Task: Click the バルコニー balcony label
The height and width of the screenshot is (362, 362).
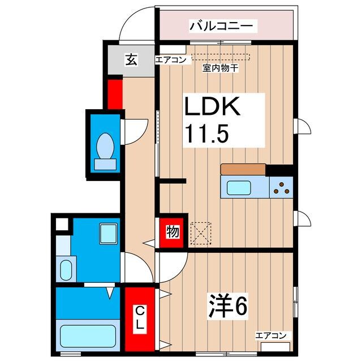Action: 223,25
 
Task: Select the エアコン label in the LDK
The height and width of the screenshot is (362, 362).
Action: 171,59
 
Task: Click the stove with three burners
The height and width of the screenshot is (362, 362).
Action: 281,187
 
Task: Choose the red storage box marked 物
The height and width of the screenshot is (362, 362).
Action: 171,232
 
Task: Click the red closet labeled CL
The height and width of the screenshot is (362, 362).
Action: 139,319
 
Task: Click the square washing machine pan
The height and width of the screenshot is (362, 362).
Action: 107,232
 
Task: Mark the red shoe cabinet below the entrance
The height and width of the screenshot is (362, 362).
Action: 115,93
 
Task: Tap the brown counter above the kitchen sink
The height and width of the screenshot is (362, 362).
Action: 243,169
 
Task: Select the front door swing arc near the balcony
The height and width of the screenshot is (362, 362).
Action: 136,25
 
